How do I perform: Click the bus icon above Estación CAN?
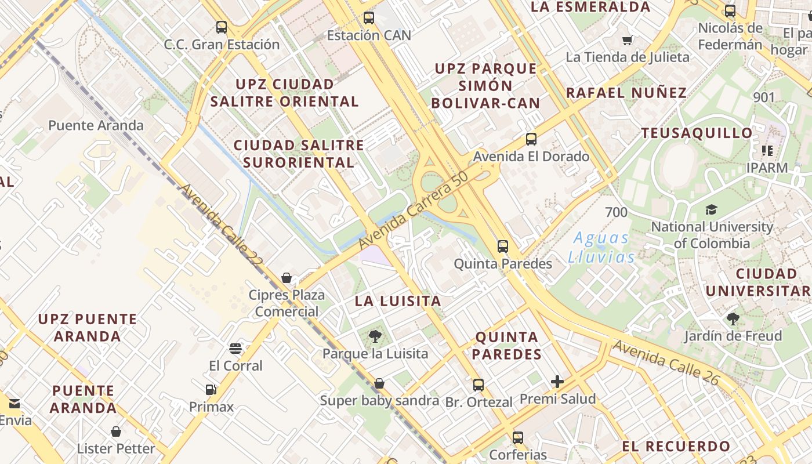click(369, 18)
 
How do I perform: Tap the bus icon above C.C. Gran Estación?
click(222, 27)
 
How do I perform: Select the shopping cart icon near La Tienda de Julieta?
click(627, 40)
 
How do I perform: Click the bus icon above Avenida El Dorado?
click(531, 139)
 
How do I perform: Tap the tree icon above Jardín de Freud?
click(733, 318)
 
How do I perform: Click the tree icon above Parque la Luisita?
click(375, 336)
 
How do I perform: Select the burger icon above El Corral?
click(235, 349)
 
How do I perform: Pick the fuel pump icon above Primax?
click(211, 390)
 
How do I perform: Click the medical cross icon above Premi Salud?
click(557, 381)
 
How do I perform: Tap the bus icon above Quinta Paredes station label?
click(503, 246)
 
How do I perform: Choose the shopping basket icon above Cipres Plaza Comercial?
click(287, 278)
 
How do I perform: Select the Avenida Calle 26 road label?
click(666, 363)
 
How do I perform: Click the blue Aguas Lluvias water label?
click(601, 247)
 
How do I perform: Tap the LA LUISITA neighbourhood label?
click(398, 302)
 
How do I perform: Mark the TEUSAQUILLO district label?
click(697, 133)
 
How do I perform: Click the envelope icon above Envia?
click(14, 404)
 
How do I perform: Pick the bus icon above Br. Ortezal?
click(478, 385)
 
